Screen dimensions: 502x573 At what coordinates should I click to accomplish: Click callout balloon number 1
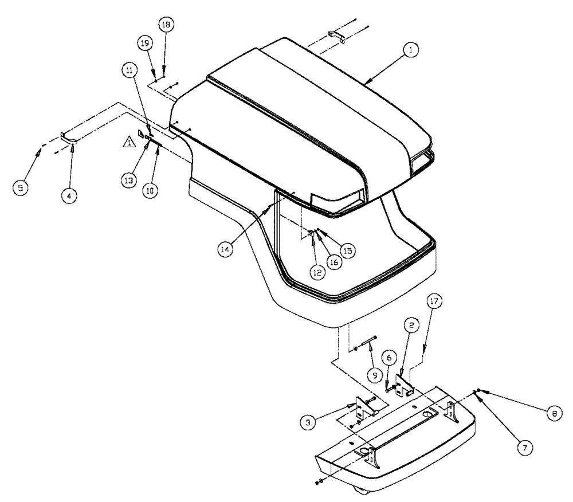click(410, 50)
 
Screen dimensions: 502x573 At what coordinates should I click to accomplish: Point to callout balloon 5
click(21, 187)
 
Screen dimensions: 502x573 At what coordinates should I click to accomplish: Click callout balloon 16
click(333, 261)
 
